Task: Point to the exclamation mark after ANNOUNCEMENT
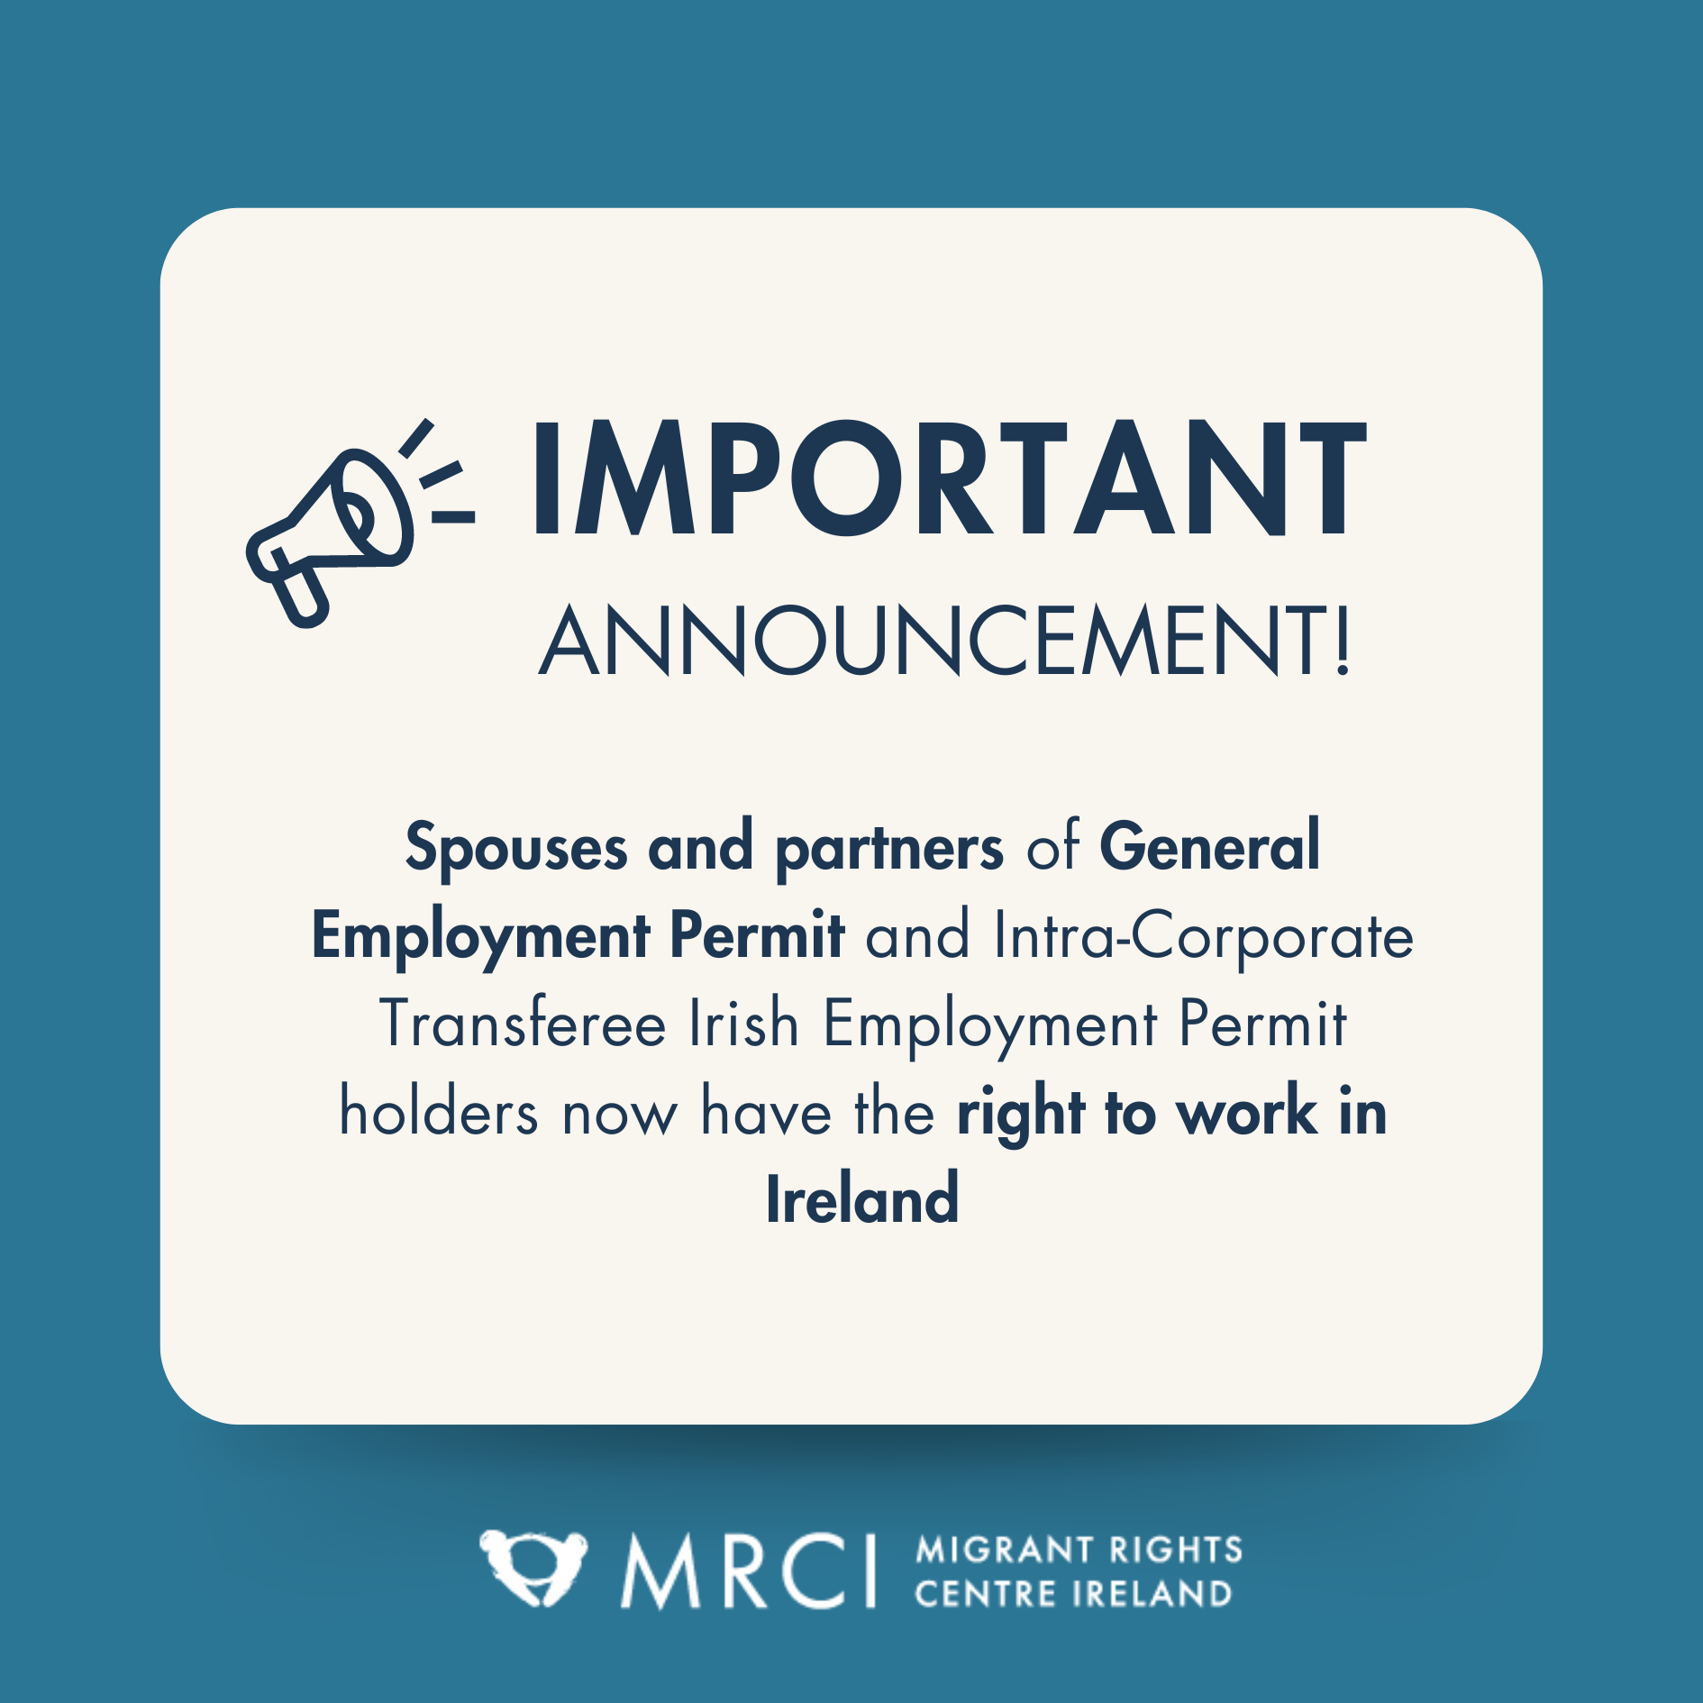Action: point(1343,642)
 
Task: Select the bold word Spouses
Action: point(515,849)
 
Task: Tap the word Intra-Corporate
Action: point(1203,937)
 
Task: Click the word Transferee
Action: point(523,1025)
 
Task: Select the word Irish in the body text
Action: point(743,1025)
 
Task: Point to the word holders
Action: point(439,1113)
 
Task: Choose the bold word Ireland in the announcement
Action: point(862,1200)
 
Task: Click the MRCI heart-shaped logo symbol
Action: point(533,1568)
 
